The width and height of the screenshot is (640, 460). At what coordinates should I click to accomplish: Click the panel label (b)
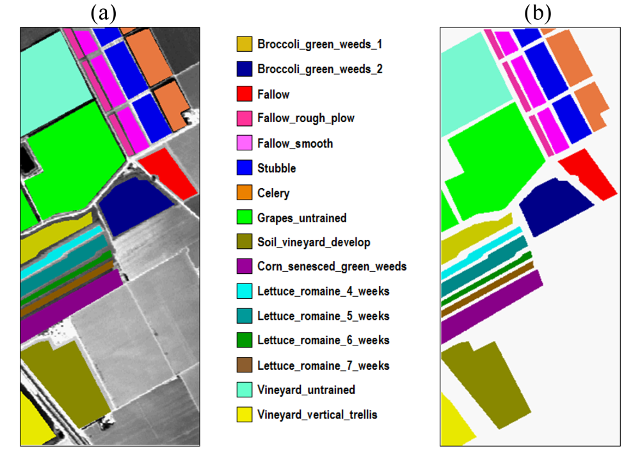537,13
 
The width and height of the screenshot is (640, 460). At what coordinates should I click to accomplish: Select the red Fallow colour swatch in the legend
244,94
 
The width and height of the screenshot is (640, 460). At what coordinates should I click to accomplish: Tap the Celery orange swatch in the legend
244,193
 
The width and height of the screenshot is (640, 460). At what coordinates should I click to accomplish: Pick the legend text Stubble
276,168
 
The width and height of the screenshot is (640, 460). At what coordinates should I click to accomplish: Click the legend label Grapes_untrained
301,218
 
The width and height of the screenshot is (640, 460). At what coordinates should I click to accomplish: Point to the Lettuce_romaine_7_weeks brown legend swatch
244,366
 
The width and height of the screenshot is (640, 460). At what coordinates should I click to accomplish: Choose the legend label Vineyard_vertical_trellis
317,415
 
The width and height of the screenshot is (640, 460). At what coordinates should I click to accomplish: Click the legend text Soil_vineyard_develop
314,242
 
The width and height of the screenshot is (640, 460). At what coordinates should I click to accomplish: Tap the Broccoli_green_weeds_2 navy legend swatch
244,69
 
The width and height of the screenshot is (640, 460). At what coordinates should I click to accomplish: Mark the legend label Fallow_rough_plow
305,118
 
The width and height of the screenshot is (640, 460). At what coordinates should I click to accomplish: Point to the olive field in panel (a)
64,377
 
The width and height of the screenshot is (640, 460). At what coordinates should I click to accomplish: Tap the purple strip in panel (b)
490,307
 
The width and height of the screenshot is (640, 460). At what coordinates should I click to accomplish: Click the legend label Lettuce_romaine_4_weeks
323,292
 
